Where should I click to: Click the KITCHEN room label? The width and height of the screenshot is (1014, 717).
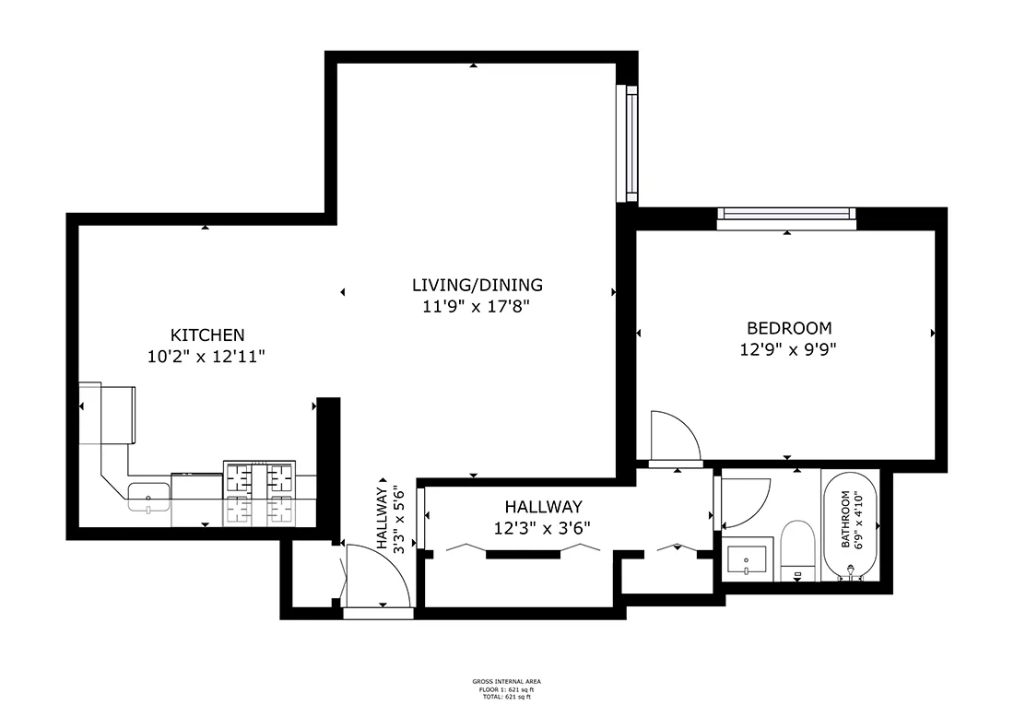pyautogui.click(x=206, y=335)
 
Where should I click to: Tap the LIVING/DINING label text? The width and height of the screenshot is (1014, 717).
pyautogui.click(x=477, y=285)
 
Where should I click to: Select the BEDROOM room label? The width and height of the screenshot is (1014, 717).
pyautogui.click(x=788, y=328)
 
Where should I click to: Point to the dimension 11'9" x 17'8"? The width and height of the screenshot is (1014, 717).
pyautogui.click(x=477, y=307)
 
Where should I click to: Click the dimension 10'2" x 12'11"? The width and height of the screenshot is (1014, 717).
pyautogui.click(x=206, y=356)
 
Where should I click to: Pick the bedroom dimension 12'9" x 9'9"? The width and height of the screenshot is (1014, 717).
pyautogui.click(x=788, y=349)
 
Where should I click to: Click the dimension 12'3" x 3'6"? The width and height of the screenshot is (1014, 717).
pyautogui.click(x=543, y=528)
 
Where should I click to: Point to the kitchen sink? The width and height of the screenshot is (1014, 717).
pyautogui.click(x=148, y=496)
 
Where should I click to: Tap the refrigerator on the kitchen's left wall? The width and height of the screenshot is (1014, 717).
pyautogui.click(x=108, y=413)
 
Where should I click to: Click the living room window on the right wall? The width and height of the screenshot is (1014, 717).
pyautogui.click(x=631, y=143)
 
